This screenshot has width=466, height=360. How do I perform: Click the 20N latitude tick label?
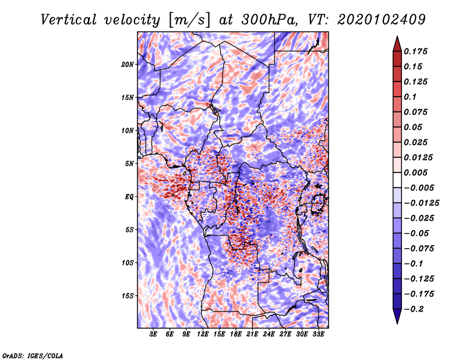(x=128, y=64)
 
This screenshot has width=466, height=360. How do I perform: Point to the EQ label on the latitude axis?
(x=129, y=196)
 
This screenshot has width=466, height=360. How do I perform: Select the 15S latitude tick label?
(x=128, y=295)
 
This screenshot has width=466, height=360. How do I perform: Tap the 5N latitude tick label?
(x=129, y=163)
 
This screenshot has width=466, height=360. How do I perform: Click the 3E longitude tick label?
(x=154, y=334)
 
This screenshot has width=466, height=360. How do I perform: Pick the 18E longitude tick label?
(x=236, y=334)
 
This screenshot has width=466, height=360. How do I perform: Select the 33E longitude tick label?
(x=318, y=334)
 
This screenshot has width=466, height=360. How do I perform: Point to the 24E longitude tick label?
(x=269, y=334)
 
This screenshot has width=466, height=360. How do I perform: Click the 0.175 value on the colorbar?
(x=417, y=51)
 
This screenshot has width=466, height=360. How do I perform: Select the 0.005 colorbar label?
(x=417, y=172)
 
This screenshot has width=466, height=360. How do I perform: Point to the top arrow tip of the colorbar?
(x=396, y=37)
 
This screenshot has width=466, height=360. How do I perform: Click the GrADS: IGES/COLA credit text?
(x=33, y=355)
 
